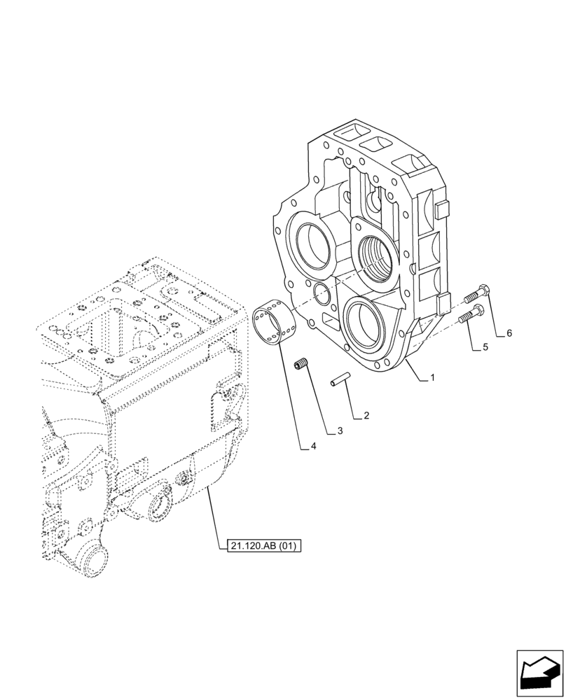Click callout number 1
point(433,377)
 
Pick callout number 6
point(509,333)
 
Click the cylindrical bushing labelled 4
point(272,321)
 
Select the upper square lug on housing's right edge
point(440,209)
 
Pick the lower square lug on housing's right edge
point(441,302)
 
